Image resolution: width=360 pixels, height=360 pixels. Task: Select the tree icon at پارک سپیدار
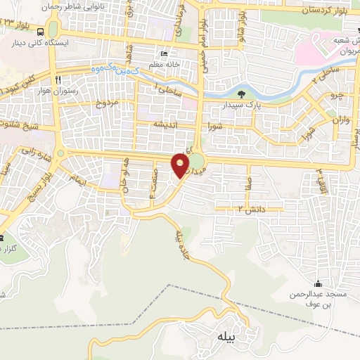241,94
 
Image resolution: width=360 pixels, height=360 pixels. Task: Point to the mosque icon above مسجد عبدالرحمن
318,283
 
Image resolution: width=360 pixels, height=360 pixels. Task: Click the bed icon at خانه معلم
164,54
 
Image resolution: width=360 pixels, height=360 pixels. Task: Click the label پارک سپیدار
257,104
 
